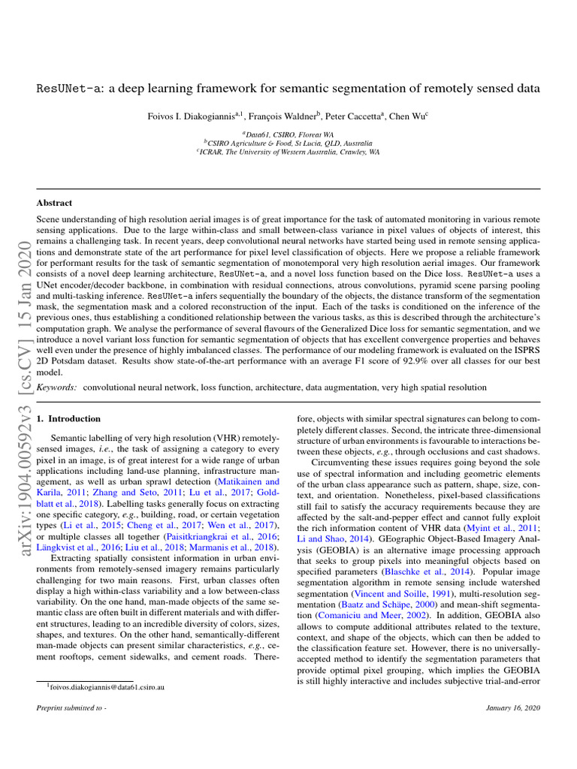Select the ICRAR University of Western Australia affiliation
pos(288,151)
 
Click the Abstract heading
pos(55,203)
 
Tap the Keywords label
pos(56,387)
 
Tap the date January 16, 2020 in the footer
pos(514,709)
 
